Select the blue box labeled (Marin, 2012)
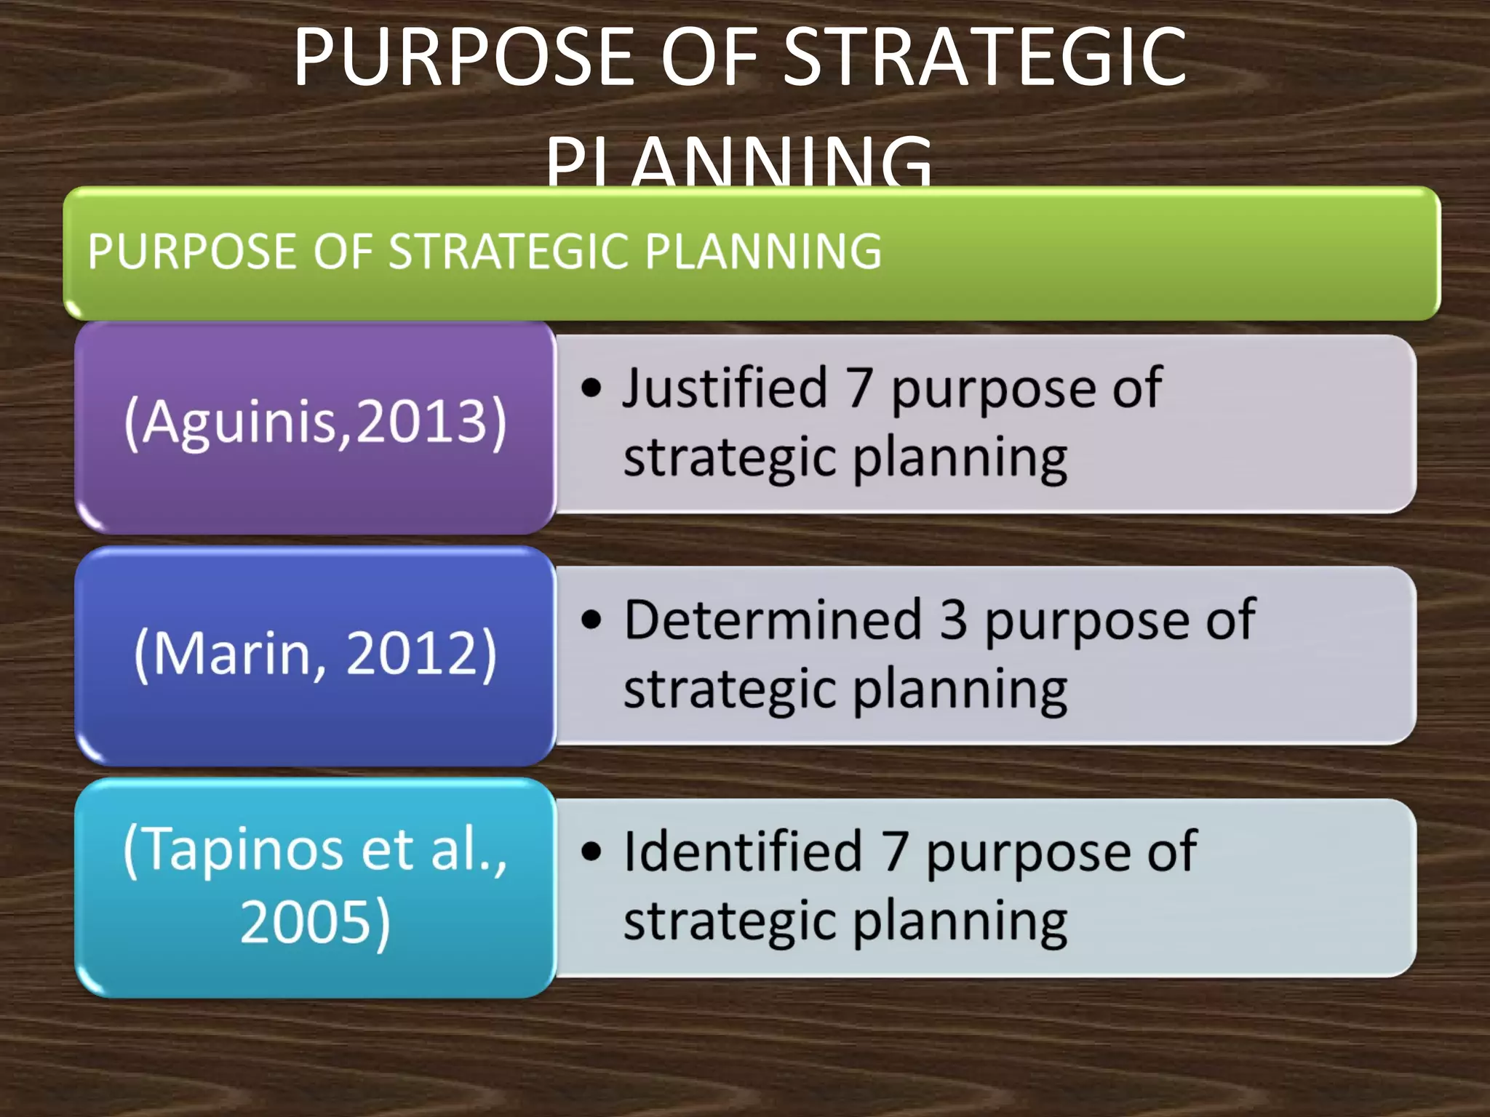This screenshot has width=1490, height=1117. pyautogui.click(x=315, y=654)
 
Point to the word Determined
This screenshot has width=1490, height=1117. pyautogui.click(x=773, y=620)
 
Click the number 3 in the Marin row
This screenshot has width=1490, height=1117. pyautogui.click(x=953, y=620)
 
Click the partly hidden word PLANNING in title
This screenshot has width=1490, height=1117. pyautogui.click(x=739, y=164)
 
